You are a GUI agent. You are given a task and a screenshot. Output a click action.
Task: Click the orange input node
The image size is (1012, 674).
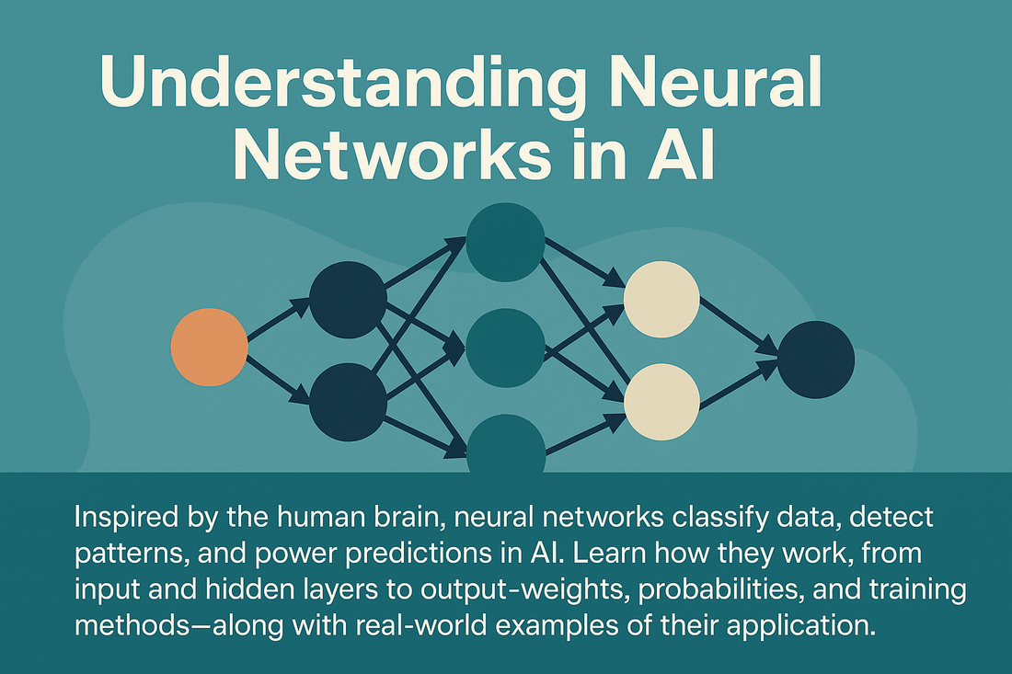point(209,347)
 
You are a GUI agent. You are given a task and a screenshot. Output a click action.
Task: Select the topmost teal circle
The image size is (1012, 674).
point(505,242)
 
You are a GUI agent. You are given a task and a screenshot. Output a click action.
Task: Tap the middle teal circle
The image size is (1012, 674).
point(505,347)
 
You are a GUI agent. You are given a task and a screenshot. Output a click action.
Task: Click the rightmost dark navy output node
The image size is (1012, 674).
point(815,360)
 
